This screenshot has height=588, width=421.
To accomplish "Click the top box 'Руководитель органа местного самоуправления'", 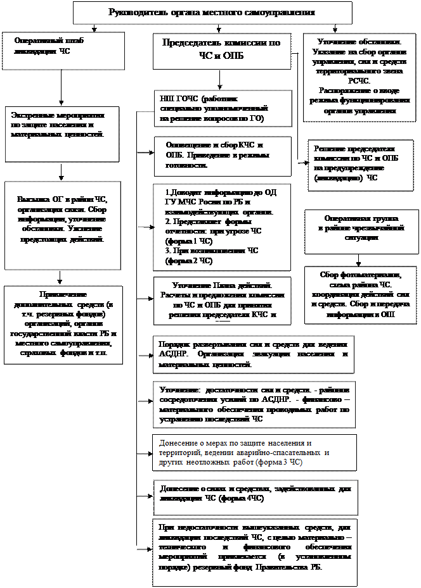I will click(212, 13).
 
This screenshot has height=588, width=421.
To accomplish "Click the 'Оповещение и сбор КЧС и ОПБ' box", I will click(222, 156).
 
